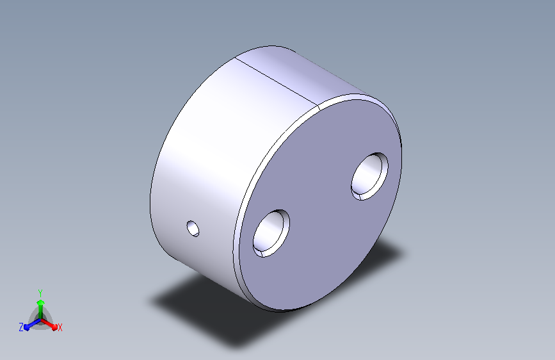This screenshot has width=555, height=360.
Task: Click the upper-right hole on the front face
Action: [369, 176]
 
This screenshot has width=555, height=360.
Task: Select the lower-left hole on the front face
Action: [271, 233]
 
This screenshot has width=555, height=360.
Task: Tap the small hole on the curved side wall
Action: [193, 229]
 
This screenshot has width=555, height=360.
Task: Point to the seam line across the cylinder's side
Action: [276, 81]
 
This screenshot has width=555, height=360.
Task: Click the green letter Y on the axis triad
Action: [40, 293]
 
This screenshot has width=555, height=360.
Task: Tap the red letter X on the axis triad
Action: [60, 328]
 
